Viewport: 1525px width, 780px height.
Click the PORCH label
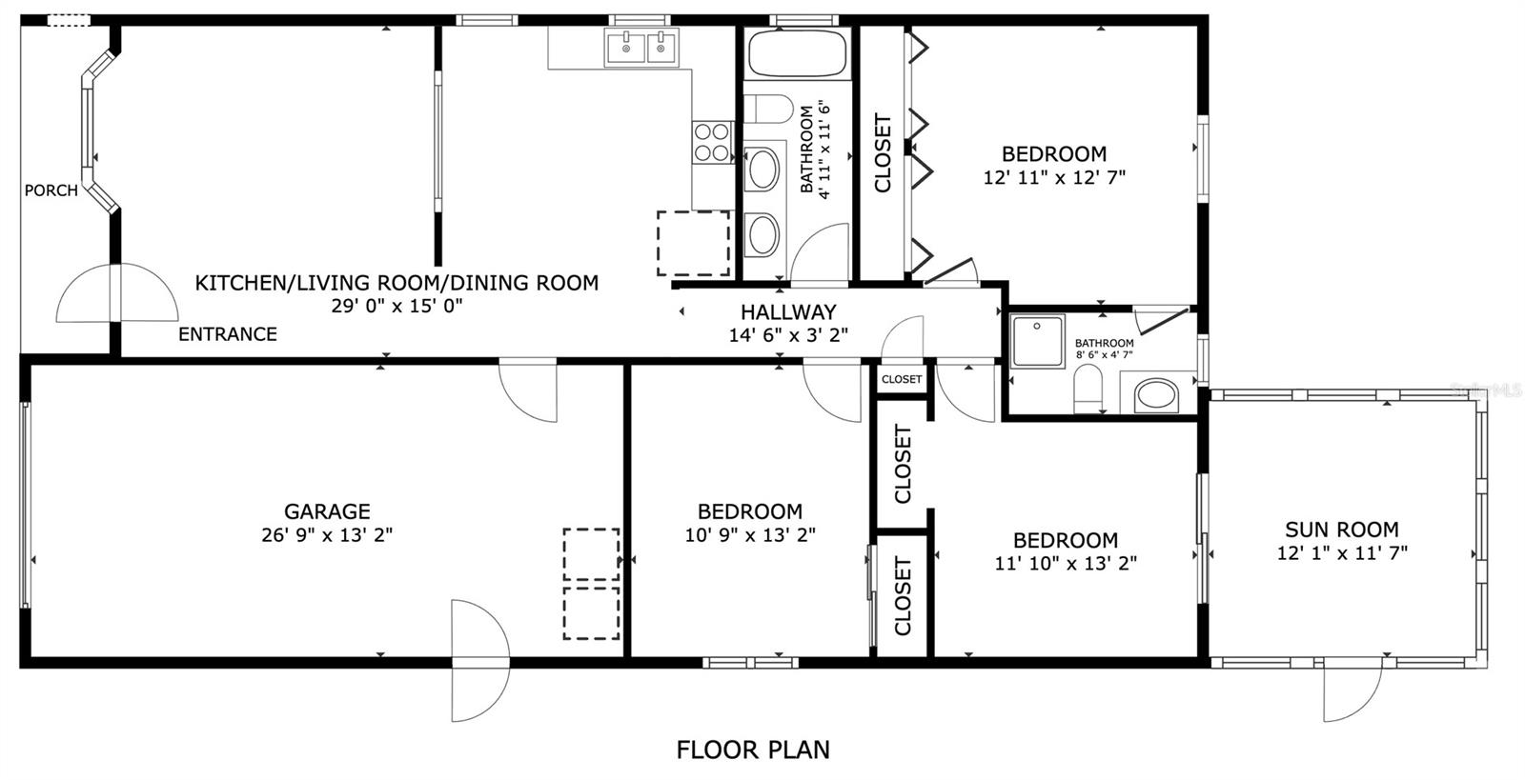pos(51,190)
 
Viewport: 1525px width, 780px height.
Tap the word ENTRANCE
pos(228,334)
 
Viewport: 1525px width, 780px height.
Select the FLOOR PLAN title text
pos(753,750)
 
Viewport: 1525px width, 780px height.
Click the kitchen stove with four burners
pos(712,142)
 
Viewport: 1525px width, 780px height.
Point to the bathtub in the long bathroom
pos(797,52)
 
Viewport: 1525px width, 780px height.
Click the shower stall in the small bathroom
pos(1038,341)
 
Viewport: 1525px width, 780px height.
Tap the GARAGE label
pos(327,511)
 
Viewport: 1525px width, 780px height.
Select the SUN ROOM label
pos(1342,530)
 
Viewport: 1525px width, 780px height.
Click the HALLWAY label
pos(788,312)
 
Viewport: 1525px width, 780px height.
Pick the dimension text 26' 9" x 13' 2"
pos(327,535)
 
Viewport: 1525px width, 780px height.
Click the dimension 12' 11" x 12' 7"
pos(1054,177)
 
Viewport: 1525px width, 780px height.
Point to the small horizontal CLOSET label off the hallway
pos(902,379)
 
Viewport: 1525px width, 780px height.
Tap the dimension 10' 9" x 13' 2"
pos(749,535)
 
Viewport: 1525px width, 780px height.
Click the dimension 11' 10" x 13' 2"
pos(1066,564)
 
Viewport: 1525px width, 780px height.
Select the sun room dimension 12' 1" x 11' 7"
pos(1342,553)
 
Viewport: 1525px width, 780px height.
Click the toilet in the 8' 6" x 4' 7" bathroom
pos(1088,389)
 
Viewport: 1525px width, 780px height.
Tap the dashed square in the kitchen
pos(693,244)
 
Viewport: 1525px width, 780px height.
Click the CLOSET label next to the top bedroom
pos(883,153)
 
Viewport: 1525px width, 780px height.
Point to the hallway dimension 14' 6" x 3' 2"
pos(788,335)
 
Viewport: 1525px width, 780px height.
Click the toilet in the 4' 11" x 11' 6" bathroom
pos(768,109)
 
